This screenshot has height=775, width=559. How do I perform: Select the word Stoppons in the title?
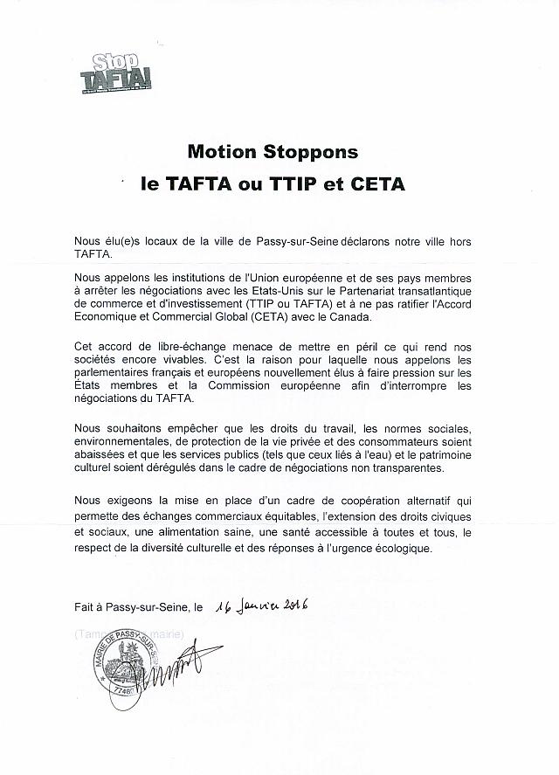tap(312, 152)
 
